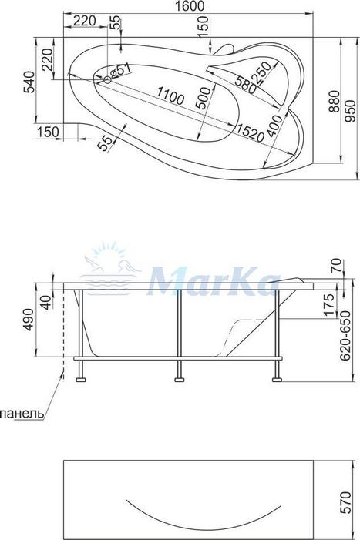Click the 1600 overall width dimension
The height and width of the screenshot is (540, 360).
click(187, 6)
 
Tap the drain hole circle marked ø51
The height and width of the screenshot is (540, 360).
click(107, 81)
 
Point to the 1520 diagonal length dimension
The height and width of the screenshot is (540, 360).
click(250, 133)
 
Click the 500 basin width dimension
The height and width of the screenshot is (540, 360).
click(204, 99)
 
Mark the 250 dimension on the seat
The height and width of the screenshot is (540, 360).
click(262, 72)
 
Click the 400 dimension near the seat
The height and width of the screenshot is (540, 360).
click(274, 126)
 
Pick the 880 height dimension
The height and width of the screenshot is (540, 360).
click(334, 102)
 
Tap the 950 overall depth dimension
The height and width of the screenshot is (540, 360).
click(350, 111)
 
